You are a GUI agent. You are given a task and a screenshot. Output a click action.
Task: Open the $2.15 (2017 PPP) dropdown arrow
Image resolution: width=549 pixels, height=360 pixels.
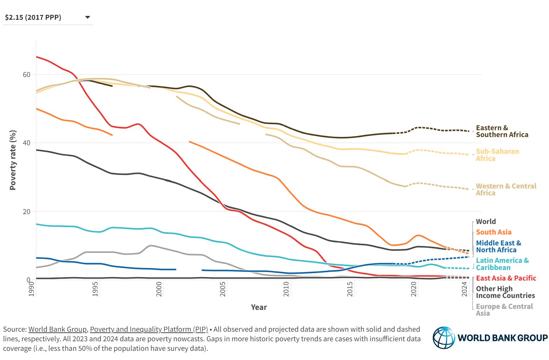pos(87,17)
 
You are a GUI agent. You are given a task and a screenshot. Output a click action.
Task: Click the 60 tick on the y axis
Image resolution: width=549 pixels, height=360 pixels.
pos(27,75)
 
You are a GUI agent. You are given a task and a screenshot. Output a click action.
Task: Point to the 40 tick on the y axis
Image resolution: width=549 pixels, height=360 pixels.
pos(27,143)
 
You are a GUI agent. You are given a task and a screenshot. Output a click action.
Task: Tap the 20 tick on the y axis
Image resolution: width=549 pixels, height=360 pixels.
pos(27,212)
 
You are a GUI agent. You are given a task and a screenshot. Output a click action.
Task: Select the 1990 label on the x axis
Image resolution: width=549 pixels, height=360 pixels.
pos(32,288)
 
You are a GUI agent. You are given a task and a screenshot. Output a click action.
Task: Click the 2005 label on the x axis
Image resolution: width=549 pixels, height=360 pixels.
pos(223,288)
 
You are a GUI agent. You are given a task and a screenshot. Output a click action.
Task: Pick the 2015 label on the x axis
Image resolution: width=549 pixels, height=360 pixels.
pos(350,288)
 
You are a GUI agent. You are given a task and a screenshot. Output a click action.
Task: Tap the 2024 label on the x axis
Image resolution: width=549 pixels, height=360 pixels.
pos(465,288)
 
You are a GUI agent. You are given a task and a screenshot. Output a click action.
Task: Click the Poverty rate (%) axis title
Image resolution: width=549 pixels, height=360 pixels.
pos(13,160)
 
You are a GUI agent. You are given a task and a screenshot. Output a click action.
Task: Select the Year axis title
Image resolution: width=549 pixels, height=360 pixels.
pos(259,307)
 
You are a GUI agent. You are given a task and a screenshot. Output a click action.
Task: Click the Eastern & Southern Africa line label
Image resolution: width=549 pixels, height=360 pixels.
pos(502,131)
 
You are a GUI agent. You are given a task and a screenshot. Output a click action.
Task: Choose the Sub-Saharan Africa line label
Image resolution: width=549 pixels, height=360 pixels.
pos(497,155)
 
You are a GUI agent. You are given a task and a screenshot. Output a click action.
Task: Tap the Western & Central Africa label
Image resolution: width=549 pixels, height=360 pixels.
pos(506,190)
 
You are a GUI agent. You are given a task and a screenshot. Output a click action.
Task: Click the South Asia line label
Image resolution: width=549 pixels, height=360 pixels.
pos(493,232)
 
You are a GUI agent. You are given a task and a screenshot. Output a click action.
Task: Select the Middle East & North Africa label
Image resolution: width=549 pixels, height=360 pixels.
pos(498,246)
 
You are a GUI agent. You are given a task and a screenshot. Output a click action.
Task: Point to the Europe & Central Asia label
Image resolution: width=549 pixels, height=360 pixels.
pos(504,310)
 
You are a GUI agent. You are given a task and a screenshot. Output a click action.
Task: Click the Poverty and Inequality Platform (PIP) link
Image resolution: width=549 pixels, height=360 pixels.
pos(149,329)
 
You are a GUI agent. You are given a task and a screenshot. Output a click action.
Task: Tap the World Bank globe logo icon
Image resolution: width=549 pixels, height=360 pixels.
pos(444,337)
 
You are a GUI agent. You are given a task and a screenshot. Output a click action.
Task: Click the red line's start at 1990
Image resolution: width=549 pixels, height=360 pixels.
pos(37,57)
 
